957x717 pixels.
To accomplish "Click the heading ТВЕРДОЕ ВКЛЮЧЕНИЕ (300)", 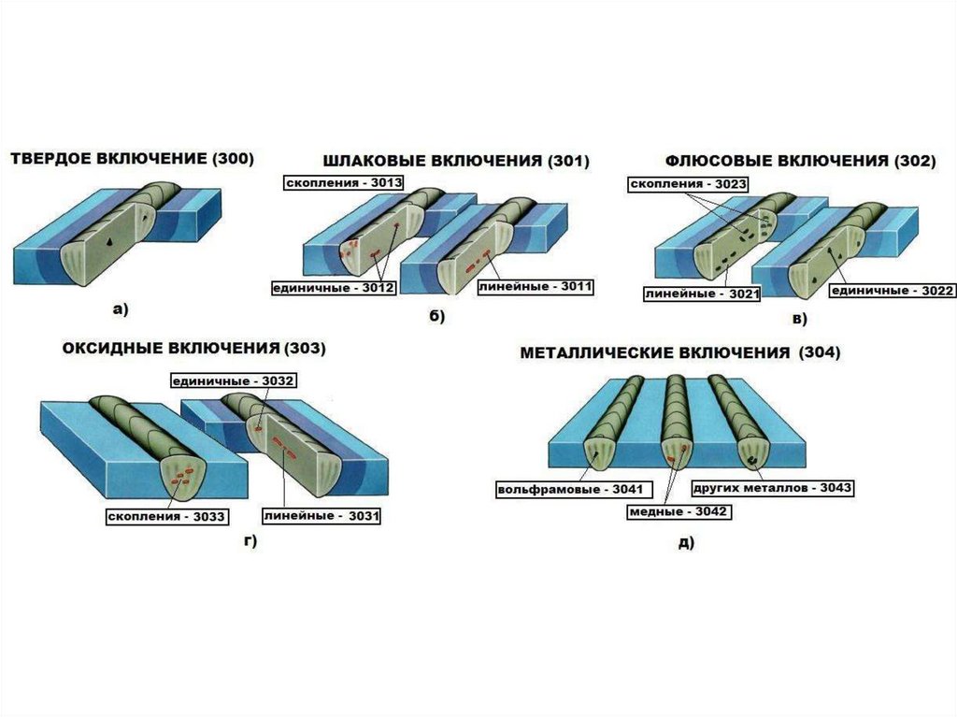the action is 132,159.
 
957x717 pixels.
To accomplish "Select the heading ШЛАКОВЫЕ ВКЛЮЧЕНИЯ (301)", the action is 456,161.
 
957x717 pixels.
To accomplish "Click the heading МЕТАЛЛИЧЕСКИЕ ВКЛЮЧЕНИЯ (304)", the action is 680,352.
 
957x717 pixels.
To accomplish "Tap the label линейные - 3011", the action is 536,286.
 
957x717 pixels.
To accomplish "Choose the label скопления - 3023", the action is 688,184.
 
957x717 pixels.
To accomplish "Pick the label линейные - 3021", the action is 702,294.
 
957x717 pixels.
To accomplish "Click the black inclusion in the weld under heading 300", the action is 109,242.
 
